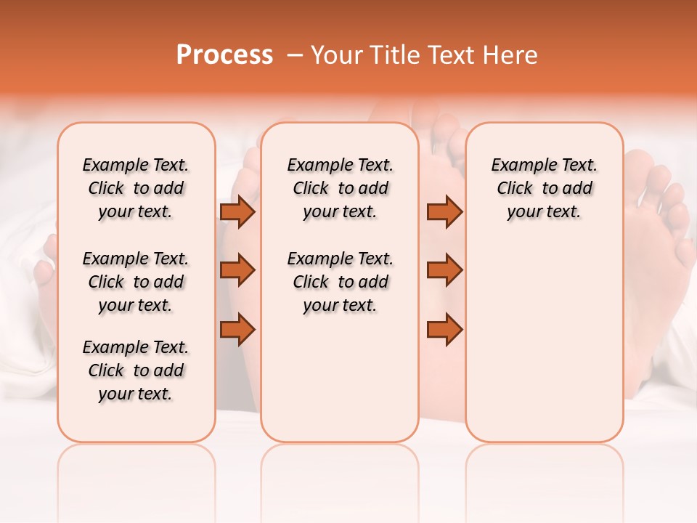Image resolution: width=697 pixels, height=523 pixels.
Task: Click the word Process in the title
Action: coord(224,55)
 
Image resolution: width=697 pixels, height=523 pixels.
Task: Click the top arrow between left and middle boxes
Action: coord(237,211)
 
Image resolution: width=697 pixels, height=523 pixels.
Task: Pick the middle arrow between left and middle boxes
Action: coord(237,270)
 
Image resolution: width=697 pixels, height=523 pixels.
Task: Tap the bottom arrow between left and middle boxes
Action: coord(237,329)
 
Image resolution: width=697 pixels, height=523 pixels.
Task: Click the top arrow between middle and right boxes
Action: coord(444,211)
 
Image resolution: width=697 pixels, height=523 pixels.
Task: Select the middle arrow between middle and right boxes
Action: coord(444,270)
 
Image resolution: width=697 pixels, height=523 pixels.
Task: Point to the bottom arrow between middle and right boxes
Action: coord(444,329)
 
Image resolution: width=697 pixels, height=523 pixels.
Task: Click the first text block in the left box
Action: coord(136,188)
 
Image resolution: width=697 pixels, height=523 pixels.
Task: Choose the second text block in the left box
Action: coord(136,282)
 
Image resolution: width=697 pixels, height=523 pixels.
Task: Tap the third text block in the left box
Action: coord(136,370)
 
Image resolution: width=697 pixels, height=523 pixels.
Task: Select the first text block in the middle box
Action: coord(340,188)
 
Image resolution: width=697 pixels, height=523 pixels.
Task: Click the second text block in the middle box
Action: coord(340,282)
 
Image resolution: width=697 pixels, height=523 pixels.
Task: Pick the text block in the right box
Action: coord(544,188)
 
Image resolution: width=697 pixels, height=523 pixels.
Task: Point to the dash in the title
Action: coord(295,55)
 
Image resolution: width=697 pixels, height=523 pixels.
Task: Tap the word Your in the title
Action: coord(335,55)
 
